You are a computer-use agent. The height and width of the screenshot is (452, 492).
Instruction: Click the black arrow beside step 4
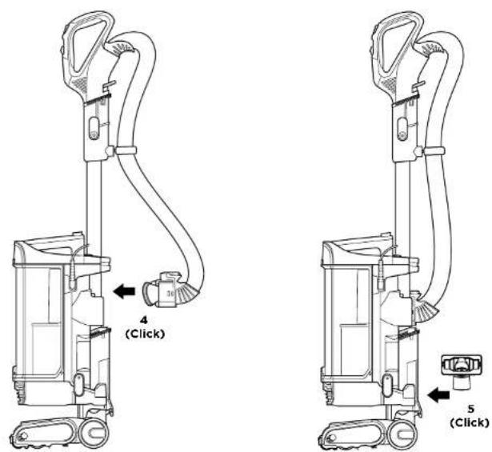pos(124,291)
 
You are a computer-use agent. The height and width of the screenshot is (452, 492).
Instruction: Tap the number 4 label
pos(144,320)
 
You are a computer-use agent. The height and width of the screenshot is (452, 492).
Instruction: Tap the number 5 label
pos(470,409)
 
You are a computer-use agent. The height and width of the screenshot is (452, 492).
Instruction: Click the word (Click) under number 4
pos(145,334)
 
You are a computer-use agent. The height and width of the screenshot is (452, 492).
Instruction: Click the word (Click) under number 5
pos(470,422)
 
